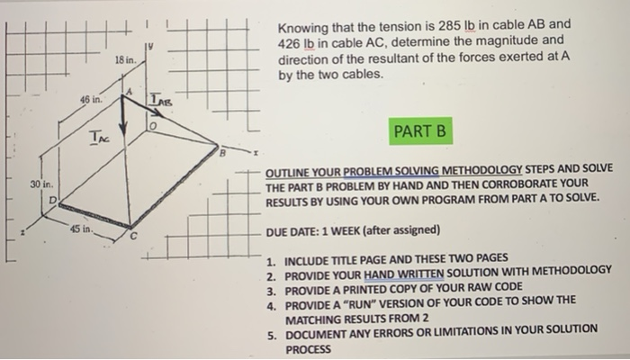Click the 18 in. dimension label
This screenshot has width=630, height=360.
(124, 58)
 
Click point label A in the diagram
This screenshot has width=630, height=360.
(129, 91)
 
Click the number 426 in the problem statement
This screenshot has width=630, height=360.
(290, 41)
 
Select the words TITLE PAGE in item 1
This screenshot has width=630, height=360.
(369, 256)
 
